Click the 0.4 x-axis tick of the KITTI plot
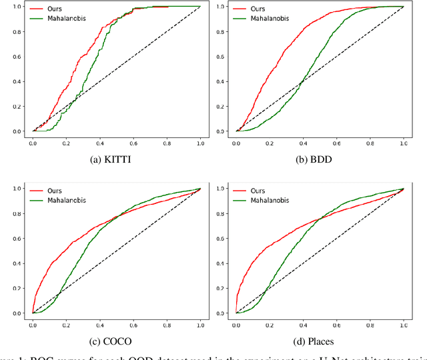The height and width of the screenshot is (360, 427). coord(99,142)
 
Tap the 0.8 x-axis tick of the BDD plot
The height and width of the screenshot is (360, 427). coord(370,142)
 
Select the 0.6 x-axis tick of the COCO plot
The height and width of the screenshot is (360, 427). coord(133,323)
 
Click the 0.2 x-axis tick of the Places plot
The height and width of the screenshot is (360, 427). coord(269,323)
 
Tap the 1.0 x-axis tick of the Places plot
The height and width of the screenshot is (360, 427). coord(403,323)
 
